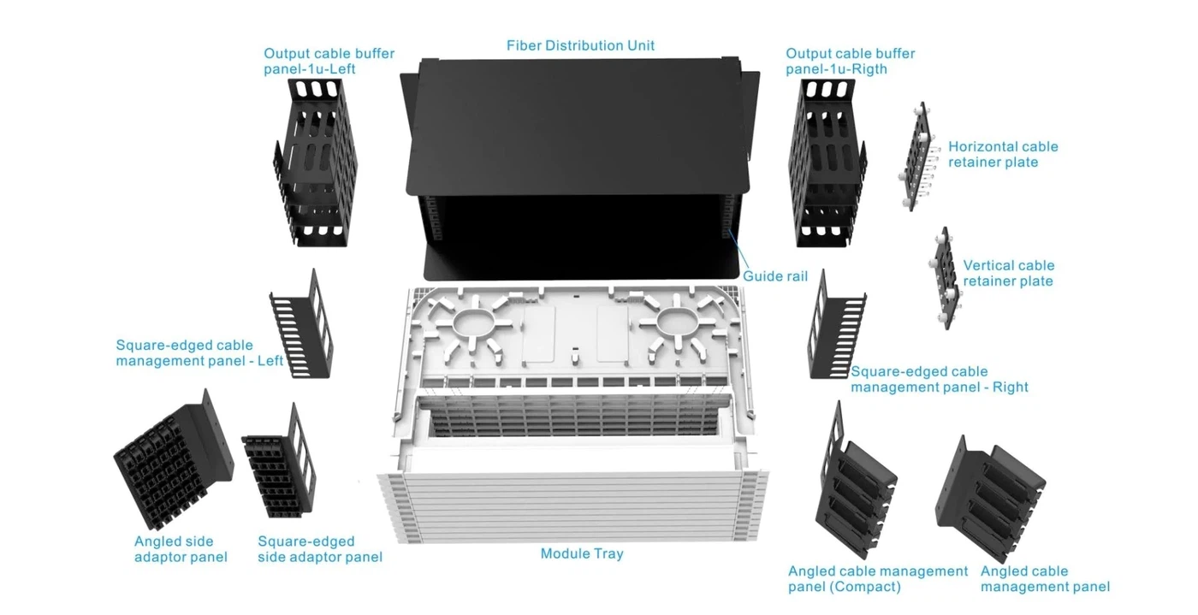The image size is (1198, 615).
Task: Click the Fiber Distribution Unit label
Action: pyautogui.click(x=580, y=45)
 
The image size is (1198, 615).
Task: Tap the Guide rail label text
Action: pyautogui.click(x=774, y=276)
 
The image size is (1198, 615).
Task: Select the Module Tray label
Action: pyautogui.click(x=582, y=553)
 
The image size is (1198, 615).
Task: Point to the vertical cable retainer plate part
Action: pyautogui.click(x=946, y=278)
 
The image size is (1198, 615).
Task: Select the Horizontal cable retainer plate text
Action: pyautogui.click(x=1002, y=155)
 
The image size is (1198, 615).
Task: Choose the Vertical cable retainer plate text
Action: pyautogui.click(x=1008, y=274)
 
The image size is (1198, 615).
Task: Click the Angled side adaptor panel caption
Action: pyautogui.click(x=181, y=549)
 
